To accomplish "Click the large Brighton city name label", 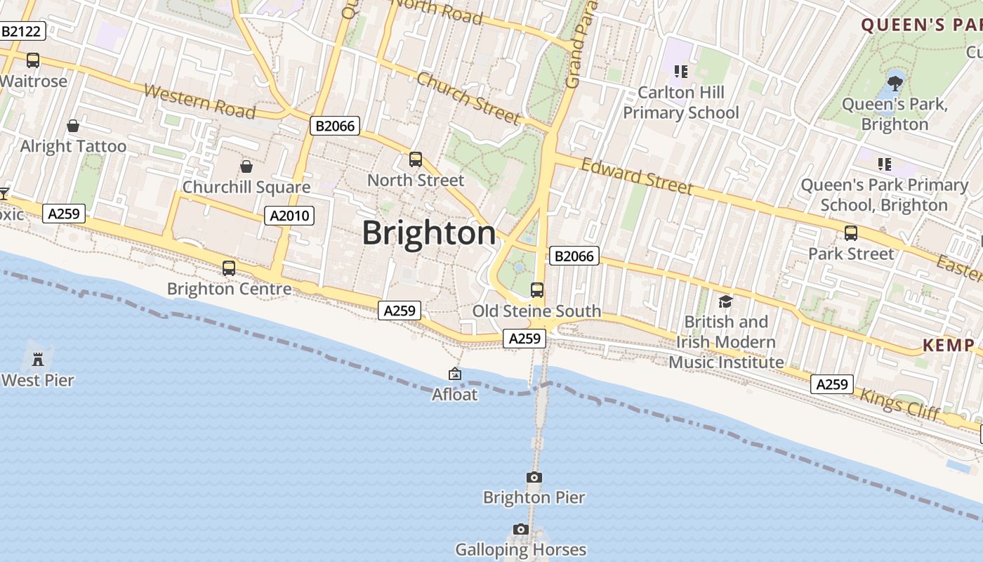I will point(428,233).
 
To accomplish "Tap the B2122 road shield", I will point(22,31).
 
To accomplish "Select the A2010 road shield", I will point(290,215).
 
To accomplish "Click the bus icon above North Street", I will point(416,159).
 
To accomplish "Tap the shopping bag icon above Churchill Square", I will point(246,166).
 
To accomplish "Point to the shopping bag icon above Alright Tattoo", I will point(73,126).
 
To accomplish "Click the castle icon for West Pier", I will point(38,360).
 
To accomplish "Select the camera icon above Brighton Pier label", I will point(534,478).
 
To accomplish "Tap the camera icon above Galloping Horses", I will point(520,529).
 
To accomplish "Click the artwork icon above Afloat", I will point(455,374).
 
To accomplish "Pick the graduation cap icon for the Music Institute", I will point(725,301).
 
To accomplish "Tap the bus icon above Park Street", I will point(851,233).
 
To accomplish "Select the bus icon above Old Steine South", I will point(537,290).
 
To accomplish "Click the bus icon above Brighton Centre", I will point(229,268).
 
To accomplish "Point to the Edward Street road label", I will point(637,176).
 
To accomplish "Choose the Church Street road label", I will point(468,98).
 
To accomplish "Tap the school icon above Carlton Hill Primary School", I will point(680,71).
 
